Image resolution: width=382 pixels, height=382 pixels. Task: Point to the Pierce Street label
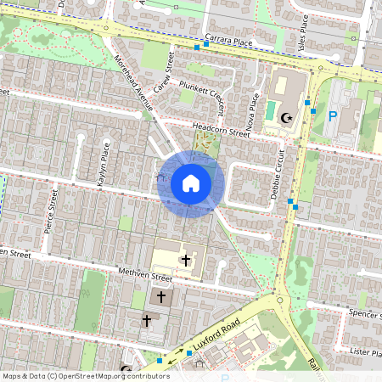click(53, 216)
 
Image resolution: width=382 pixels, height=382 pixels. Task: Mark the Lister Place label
click(367, 349)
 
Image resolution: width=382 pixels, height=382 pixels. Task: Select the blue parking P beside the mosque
click(333, 116)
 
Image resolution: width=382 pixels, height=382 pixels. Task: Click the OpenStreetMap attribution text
click(85, 376)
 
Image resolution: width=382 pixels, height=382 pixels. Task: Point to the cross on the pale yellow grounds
click(187, 259)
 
